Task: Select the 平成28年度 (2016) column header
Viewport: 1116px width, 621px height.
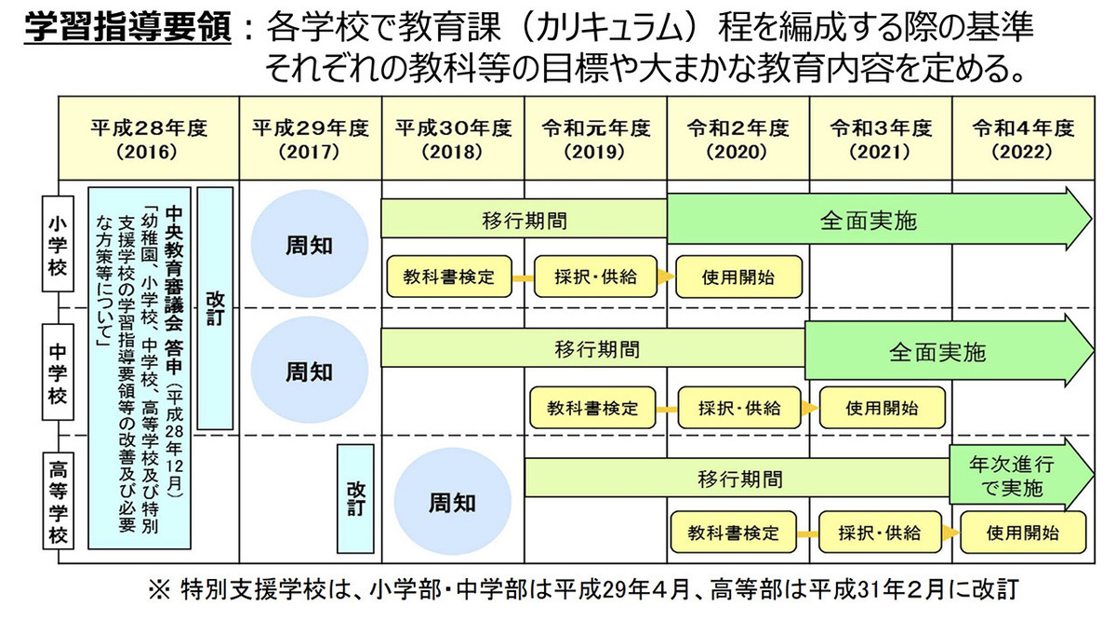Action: tap(149, 137)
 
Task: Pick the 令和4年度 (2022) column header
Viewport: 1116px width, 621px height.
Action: tap(1022, 137)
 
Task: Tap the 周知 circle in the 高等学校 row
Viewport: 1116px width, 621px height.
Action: tap(452, 504)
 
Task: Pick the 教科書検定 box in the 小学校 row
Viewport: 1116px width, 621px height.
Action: tap(448, 277)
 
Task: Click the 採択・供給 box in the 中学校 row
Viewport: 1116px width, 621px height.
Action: tap(740, 407)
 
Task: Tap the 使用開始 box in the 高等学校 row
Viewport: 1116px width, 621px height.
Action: tap(1023, 533)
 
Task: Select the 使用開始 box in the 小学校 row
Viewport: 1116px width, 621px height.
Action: tap(739, 277)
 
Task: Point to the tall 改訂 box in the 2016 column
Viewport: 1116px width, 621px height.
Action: tap(215, 307)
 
